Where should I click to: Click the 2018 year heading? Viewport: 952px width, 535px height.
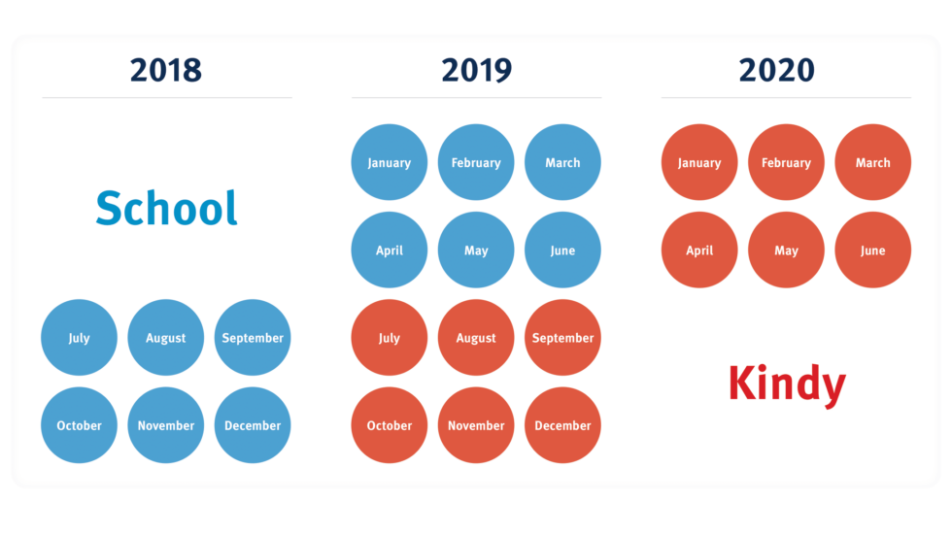click(x=166, y=70)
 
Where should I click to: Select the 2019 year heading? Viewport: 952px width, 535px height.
click(x=476, y=70)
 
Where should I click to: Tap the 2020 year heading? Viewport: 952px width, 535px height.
click(x=786, y=70)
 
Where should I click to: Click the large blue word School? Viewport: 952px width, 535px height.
click(x=166, y=208)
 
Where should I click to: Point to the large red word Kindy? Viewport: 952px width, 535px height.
click(x=787, y=384)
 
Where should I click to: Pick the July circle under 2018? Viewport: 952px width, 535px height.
click(x=79, y=338)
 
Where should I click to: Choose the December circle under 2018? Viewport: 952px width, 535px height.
click(x=253, y=425)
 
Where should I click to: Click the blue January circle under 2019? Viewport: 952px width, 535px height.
click(x=389, y=162)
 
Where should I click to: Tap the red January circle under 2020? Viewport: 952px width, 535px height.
click(x=699, y=162)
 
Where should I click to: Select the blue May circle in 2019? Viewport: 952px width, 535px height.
click(x=476, y=251)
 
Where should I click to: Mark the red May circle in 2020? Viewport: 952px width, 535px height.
click(x=786, y=251)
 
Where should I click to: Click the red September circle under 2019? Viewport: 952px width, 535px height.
click(x=562, y=338)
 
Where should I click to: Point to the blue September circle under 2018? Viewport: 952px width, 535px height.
click(x=253, y=338)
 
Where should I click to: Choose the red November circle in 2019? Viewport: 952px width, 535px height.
click(x=476, y=425)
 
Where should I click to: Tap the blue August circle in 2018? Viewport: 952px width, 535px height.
click(x=166, y=338)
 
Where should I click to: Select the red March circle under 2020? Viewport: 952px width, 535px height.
click(x=872, y=162)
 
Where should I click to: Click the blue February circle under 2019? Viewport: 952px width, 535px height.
click(x=476, y=162)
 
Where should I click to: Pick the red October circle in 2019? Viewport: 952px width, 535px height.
click(x=389, y=425)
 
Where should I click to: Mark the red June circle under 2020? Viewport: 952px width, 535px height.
click(x=872, y=251)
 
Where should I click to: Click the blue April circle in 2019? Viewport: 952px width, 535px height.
click(x=389, y=251)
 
